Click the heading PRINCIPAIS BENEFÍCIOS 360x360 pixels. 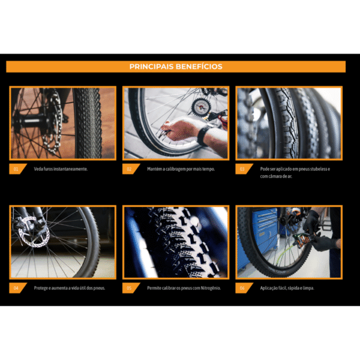click(176, 67)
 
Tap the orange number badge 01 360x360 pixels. click(16, 169)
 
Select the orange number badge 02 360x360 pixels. click(129, 169)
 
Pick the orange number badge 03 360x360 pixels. click(242, 169)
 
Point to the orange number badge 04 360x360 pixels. click(16, 288)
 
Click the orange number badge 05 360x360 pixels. click(129, 288)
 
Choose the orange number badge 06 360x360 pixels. click(242, 288)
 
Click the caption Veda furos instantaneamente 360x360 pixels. click(61, 169)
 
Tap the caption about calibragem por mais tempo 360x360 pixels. click(181, 169)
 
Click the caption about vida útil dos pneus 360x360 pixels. click(70, 288)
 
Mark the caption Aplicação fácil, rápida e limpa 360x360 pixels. click(287, 288)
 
